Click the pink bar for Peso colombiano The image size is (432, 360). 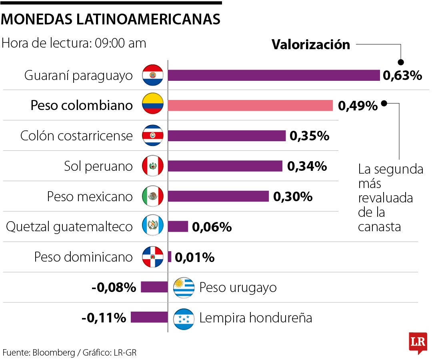tap(250, 106)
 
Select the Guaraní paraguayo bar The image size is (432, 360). tap(274, 75)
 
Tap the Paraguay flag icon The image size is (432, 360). tap(153, 75)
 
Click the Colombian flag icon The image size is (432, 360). tap(153, 106)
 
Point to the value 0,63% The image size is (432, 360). tap(402, 75)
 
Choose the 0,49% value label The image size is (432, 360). tap(358, 106)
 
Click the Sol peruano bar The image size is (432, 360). tap(225, 166)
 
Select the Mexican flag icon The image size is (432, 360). tap(153, 196)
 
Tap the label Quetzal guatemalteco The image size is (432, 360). tap(69, 227)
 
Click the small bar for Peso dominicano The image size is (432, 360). tap(170, 257)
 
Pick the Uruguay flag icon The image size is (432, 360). tap(184, 287)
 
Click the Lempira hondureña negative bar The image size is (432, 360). tap(149, 317)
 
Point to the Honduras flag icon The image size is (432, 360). tap(184, 318)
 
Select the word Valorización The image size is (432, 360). tap(311, 45)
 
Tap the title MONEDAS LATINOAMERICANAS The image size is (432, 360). tap(111, 19)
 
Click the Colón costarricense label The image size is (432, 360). tap(76, 136)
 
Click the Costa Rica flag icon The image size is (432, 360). tap(153, 136)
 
